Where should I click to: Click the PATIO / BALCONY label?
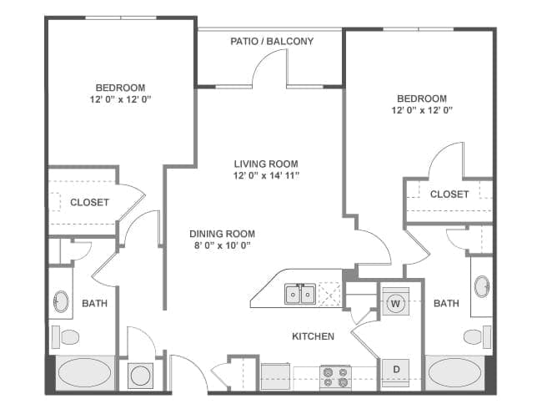[272, 41]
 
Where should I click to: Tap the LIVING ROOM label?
[266, 164]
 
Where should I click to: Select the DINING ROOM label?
[222, 234]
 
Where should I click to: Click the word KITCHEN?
[313, 336]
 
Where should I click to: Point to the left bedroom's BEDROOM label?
[120, 88]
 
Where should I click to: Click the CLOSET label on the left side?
[89, 202]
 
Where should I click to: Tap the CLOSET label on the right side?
[449, 194]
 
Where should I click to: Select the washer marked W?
[395, 304]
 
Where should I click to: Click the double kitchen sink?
[299, 294]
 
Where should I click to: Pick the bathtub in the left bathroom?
[83, 371]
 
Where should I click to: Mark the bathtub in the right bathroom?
[454, 371]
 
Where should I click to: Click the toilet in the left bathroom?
[67, 336]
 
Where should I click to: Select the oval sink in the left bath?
[62, 300]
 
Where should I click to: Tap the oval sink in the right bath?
[482, 286]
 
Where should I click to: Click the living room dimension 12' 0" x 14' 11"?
[266, 175]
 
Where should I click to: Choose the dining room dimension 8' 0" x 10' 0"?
[222, 245]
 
